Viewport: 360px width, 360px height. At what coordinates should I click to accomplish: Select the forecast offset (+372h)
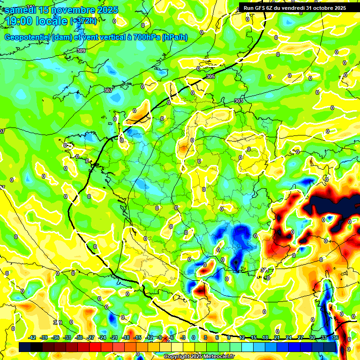point(83,21)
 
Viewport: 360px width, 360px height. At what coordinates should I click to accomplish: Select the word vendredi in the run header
point(289,8)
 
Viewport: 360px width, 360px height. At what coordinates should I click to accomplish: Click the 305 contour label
point(210,76)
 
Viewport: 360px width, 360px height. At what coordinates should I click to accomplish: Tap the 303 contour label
point(239,101)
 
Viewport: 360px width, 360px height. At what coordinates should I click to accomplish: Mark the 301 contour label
point(265,270)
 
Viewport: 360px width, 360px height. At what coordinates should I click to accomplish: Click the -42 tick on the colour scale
point(32,337)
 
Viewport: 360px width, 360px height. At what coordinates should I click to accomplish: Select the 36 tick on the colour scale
point(336,337)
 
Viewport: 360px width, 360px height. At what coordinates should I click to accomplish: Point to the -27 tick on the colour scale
point(91,337)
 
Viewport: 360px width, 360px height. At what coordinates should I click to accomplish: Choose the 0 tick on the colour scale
point(194,337)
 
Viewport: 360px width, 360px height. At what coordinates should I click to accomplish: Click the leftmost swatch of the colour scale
point(25,347)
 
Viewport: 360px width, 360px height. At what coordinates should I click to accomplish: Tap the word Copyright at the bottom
point(177,357)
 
